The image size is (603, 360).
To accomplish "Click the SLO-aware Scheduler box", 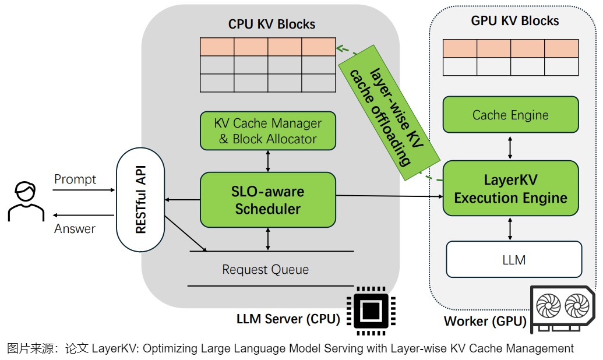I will (268, 200).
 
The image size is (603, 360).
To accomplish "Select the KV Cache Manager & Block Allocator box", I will (268, 131).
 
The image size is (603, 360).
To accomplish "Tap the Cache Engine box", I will (510, 115).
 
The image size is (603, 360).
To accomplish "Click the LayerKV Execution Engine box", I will (510, 189).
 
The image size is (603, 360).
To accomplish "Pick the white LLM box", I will (514, 259).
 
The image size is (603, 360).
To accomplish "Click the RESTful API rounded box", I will (140, 200).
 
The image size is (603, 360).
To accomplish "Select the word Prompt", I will (75, 179).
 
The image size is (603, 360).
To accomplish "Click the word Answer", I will (75, 229).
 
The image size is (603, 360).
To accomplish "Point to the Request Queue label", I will (265, 270).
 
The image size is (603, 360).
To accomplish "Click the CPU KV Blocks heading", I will (271, 24).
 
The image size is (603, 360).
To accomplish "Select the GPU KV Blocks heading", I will (514, 21).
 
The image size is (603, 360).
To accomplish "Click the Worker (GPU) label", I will (485, 321).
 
